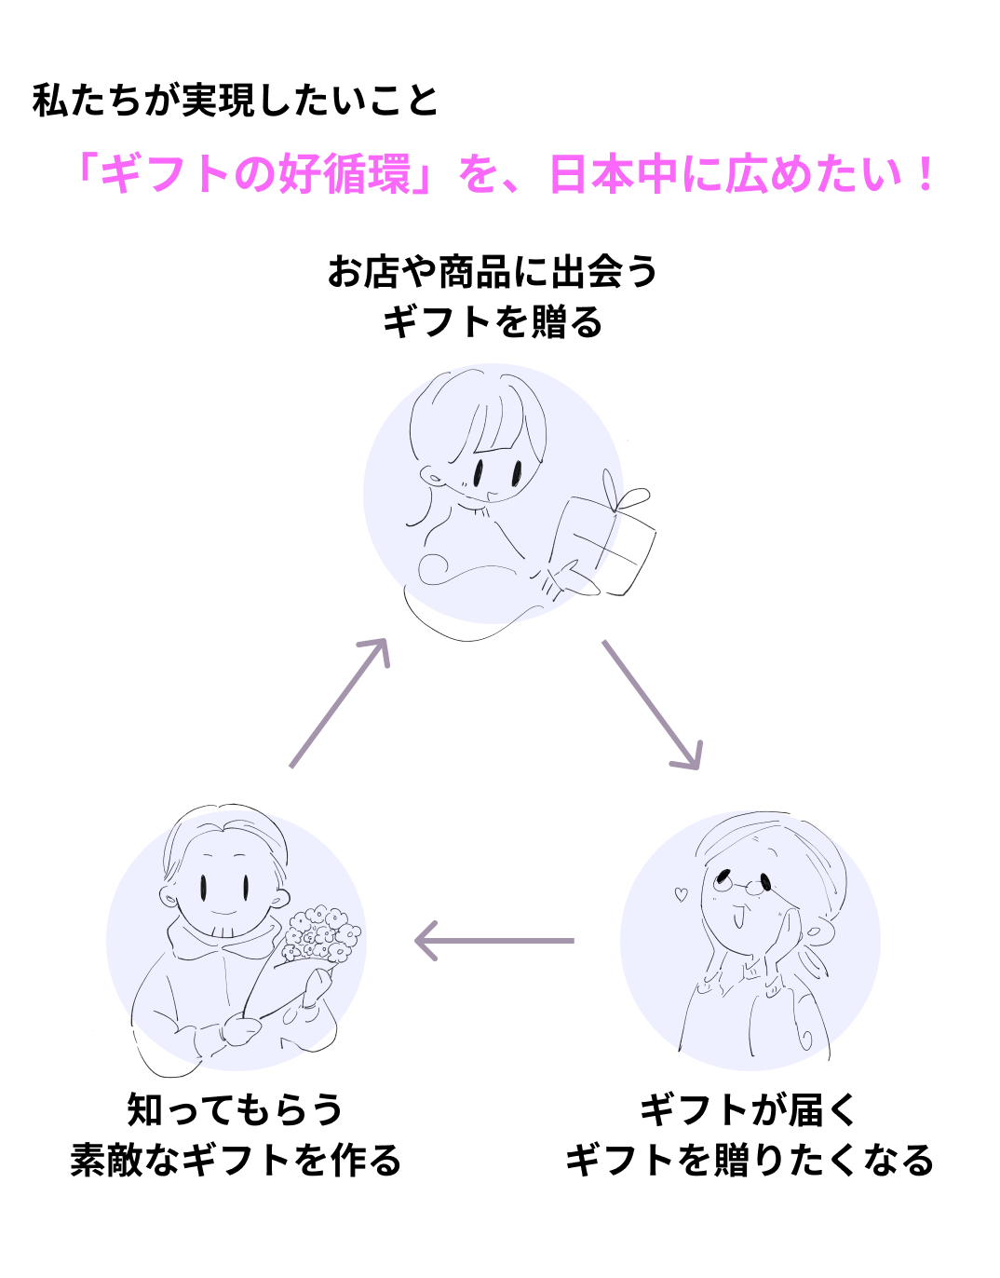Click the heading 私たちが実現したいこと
coord(235,101)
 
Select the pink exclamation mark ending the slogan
coord(924,174)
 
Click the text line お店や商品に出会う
coord(493,272)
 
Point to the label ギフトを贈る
coord(493,322)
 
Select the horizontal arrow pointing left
coord(494,941)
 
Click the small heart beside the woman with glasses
coord(681,895)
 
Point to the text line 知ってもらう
coord(236,1109)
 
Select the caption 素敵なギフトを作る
coord(236,1161)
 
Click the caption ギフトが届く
coord(748,1109)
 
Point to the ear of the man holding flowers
coord(169,897)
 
